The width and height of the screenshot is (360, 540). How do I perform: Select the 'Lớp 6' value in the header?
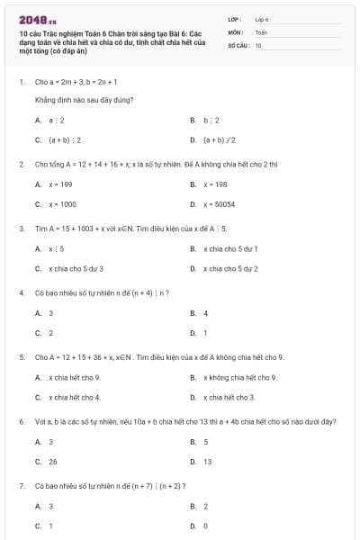[x=262, y=19]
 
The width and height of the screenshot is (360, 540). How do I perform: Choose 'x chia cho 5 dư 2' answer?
[x=231, y=268]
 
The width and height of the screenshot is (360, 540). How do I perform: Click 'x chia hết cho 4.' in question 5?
[x=74, y=397]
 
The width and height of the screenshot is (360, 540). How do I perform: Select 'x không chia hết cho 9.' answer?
[x=239, y=377]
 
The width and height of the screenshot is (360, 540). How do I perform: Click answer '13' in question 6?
[x=208, y=462]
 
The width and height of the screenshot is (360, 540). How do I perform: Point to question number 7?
[x=21, y=486]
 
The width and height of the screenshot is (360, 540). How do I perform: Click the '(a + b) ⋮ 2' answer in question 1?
[x=65, y=139]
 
